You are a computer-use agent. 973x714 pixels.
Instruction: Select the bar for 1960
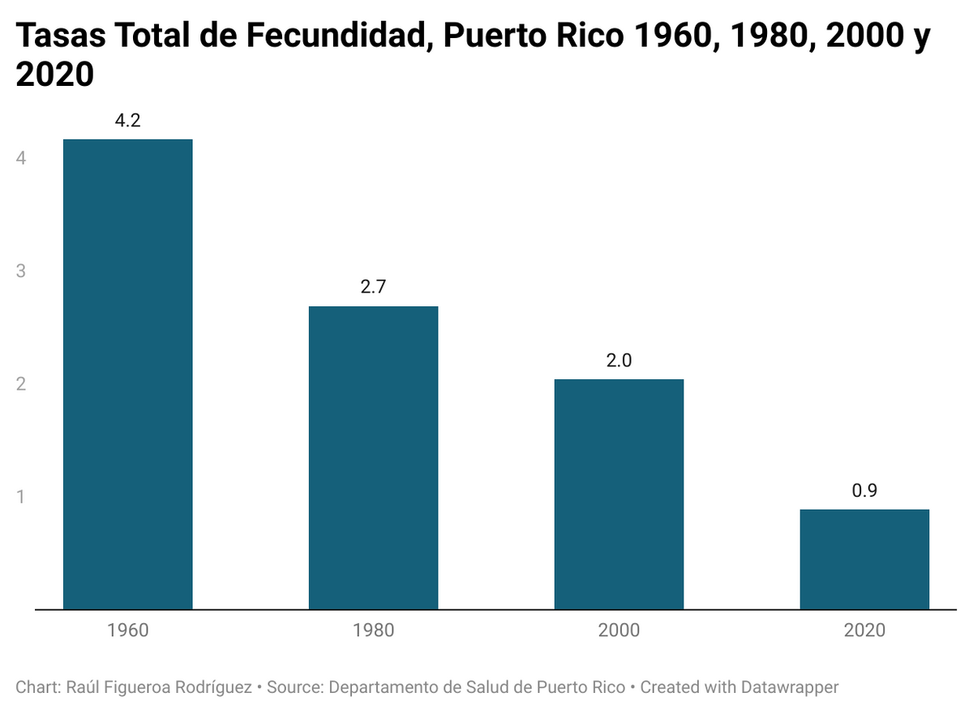(128, 374)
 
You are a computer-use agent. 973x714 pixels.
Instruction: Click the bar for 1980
(374, 457)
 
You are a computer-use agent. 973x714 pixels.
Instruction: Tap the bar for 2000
(619, 494)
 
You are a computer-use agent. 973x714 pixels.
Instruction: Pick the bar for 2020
(864, 558)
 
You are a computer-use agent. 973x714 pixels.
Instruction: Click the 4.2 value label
(128, 122)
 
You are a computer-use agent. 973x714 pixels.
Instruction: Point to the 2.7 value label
(374, 288)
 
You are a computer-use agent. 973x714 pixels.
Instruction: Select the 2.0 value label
(619, 361)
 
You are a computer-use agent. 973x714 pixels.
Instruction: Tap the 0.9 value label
(864, 491)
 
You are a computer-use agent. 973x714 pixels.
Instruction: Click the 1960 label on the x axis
(128, 630)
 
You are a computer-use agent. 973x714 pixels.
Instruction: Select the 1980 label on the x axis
(374, 630)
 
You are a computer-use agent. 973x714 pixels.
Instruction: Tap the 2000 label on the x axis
(619, 630)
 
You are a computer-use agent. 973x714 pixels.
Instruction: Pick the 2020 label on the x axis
(864, 630)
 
